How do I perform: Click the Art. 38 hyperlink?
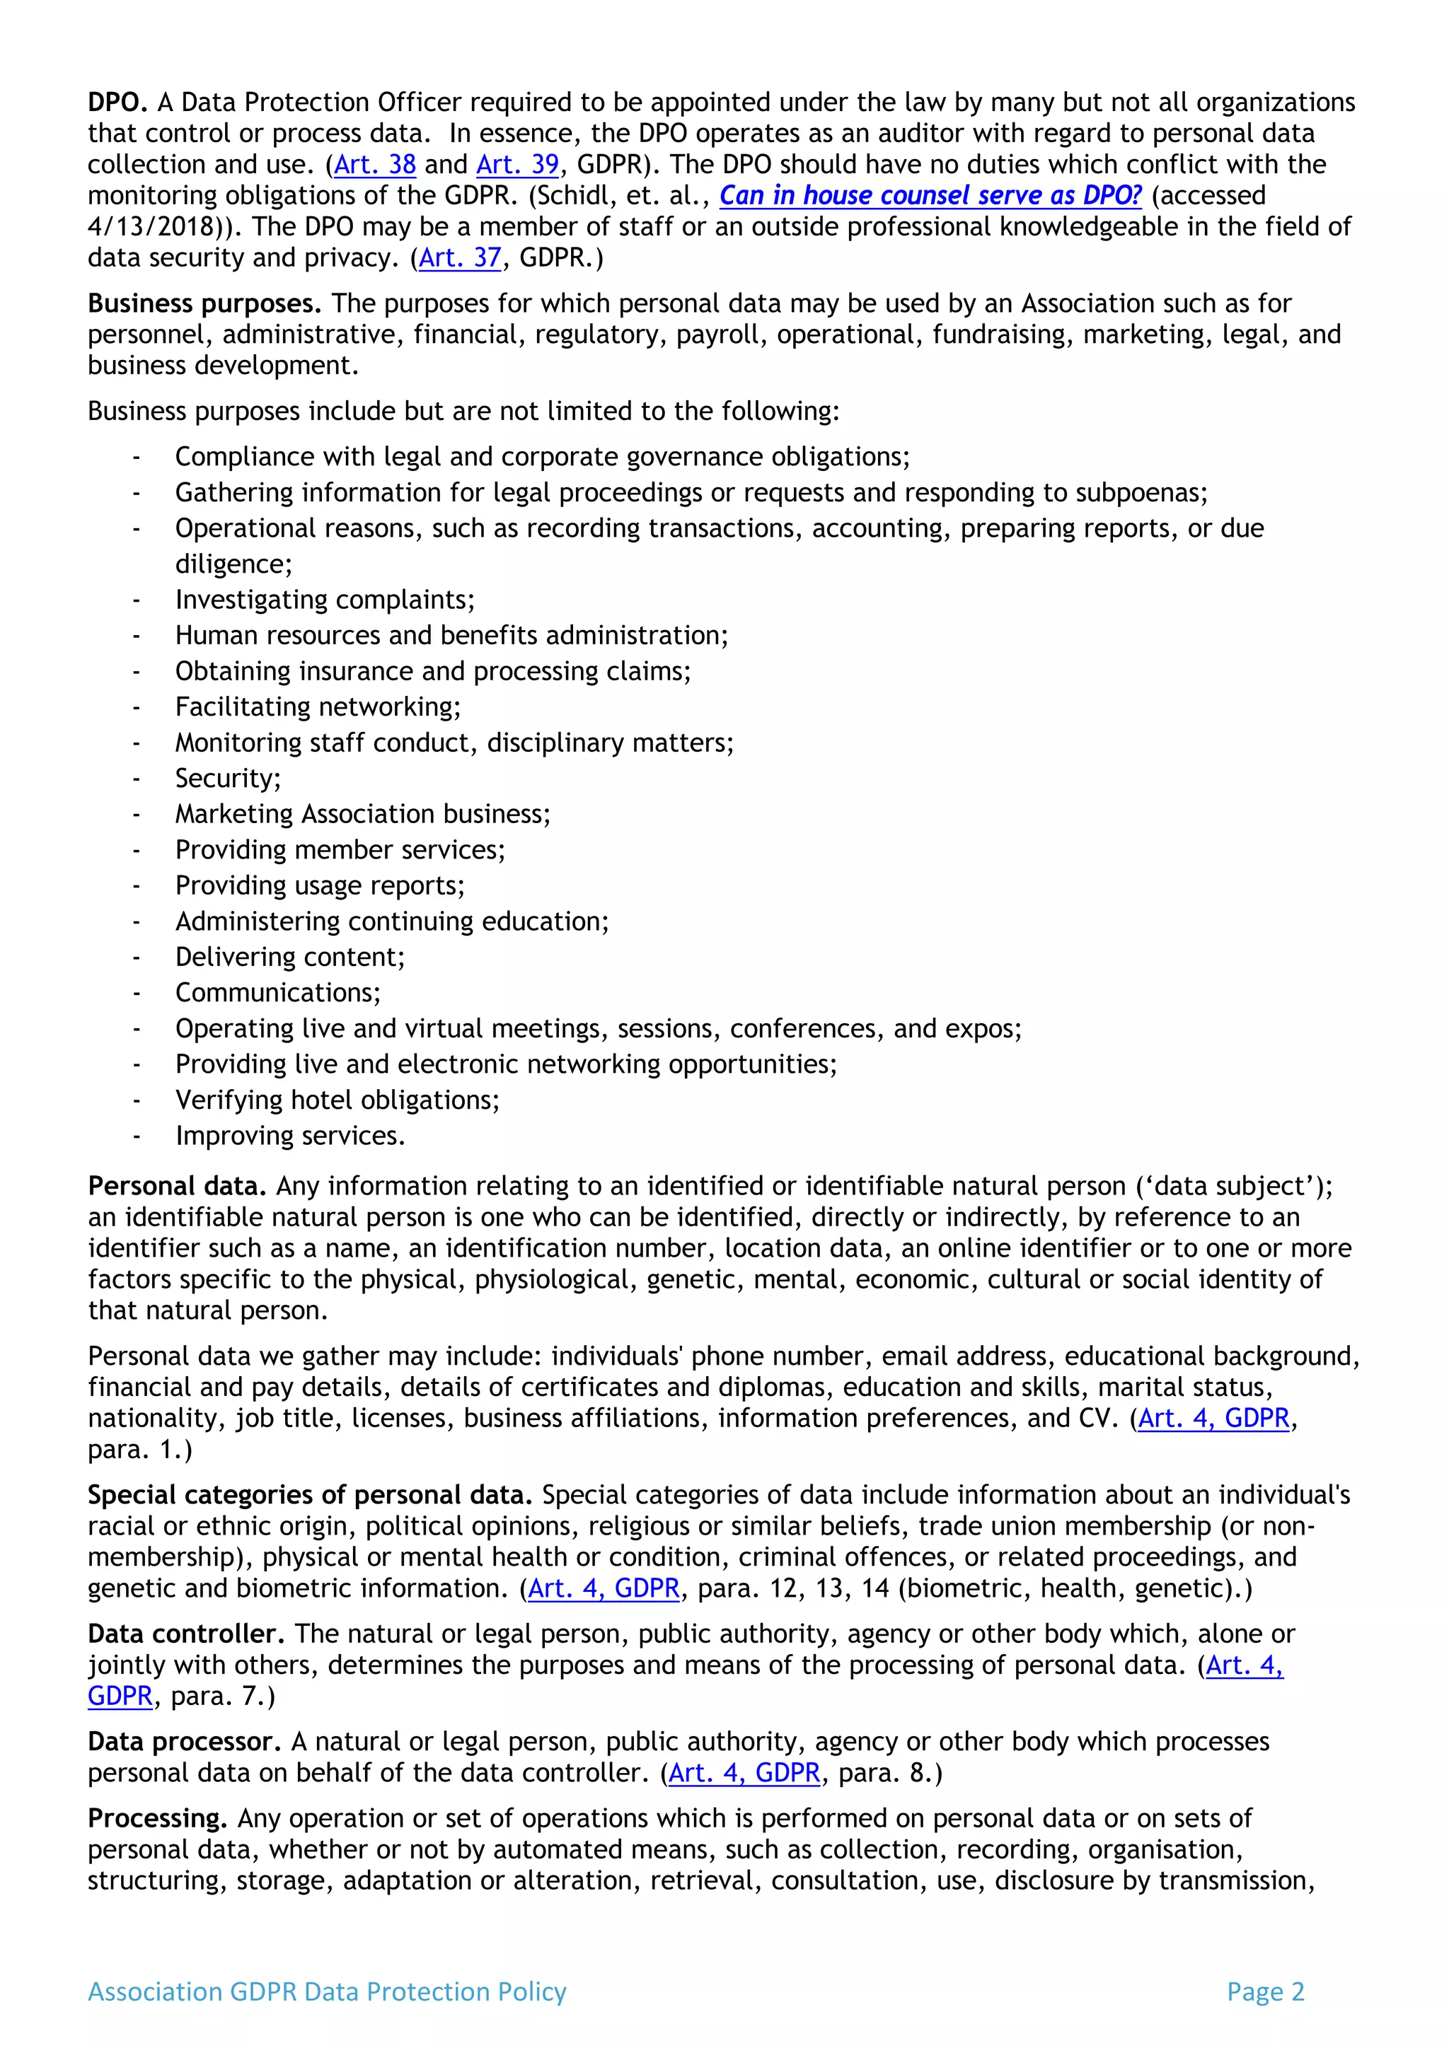click(375, 164)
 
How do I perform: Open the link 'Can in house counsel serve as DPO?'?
click(930, 195)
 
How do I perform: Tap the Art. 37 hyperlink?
click(461, 258)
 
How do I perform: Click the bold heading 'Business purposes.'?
click(204, 303)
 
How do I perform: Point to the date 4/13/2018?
click(151, 226)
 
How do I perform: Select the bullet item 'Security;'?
click(228, 778)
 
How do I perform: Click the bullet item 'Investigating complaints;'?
click(325, 600)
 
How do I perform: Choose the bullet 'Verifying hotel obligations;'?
click(337, 1100)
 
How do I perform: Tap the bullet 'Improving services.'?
click(290, 1136)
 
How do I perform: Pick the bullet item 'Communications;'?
click(277, 993)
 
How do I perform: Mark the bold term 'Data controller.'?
click(185, 1634)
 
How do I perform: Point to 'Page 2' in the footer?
click(1265, 1992)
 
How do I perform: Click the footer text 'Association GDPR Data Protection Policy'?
click(327, 1992)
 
